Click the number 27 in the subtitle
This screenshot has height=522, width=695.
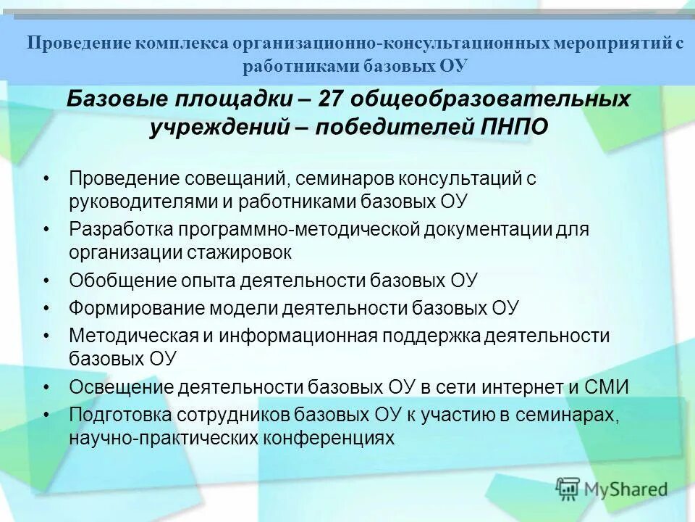click(x=308, y=99)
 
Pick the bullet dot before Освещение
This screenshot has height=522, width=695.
click(x=46, y=387)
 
